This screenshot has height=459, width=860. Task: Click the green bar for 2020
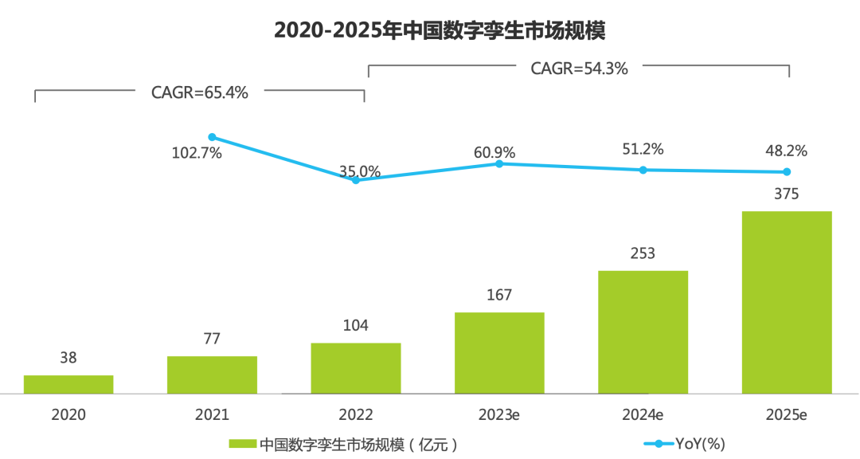(68, 384)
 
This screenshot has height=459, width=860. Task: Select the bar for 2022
(356, 368)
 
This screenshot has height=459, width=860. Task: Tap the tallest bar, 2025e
(787, 302)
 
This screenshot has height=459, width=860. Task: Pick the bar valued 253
(643, 331)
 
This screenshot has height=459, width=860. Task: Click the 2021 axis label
(212, 415)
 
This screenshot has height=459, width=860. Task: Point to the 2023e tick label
(499, 415)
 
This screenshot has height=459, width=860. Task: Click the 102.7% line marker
(212, 137)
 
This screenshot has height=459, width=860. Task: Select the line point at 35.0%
(356, 180)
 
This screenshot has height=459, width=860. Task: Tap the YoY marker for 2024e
(643, 170)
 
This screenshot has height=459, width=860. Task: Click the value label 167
(499, 295)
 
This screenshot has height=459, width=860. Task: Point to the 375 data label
(787, 194)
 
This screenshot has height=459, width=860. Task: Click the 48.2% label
(787, 150)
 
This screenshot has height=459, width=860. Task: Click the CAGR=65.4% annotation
(200, 92)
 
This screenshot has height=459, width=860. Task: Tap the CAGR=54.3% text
(580, 69)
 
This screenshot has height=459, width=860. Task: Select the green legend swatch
(242, 443)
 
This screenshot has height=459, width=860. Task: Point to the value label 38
(68, 359)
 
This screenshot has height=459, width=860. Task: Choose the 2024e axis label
(643, 415)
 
